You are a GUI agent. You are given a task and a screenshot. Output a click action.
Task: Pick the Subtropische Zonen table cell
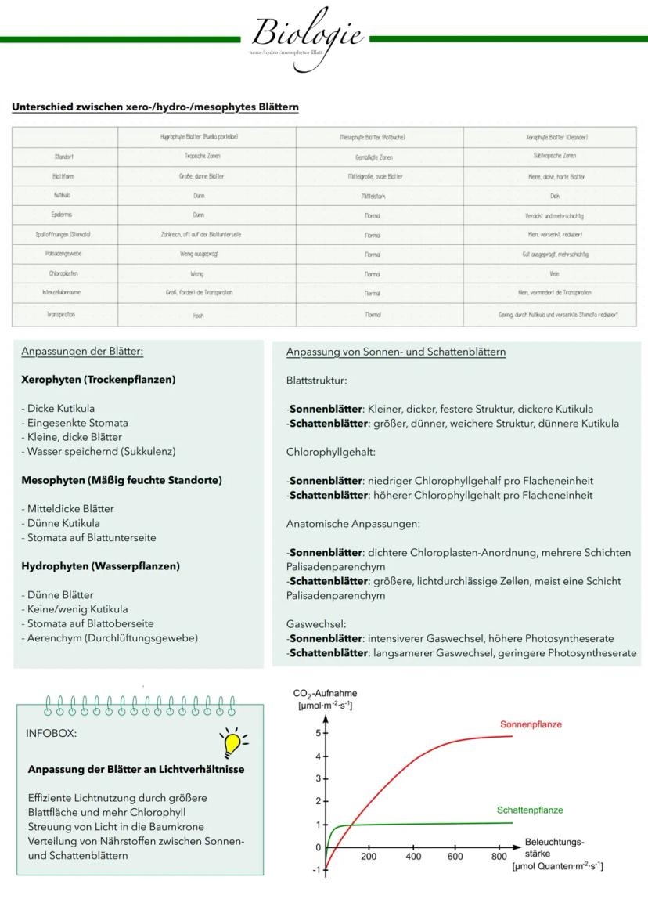tap(555, 157)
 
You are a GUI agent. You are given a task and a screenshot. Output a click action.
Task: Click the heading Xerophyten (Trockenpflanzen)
tap(98, 380)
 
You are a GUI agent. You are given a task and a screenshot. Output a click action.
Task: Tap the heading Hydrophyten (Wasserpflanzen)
tap(100, 565)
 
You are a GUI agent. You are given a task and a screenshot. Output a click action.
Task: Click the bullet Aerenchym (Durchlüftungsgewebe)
tap(110, 637)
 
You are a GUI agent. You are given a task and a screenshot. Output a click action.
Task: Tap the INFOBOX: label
tap(52, 735)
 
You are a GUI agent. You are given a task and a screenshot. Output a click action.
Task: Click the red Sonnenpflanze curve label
tap(531, 724)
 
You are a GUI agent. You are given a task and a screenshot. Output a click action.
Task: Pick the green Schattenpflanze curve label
tap(529, 810)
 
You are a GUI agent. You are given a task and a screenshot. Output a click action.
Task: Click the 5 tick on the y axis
tap(318, 734)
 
